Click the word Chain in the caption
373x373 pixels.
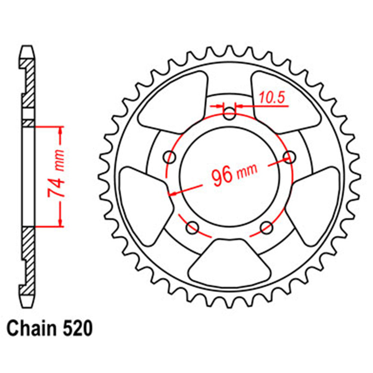30,329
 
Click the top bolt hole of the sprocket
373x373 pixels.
230,113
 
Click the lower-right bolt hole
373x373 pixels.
266,226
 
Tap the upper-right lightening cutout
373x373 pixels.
285,100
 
